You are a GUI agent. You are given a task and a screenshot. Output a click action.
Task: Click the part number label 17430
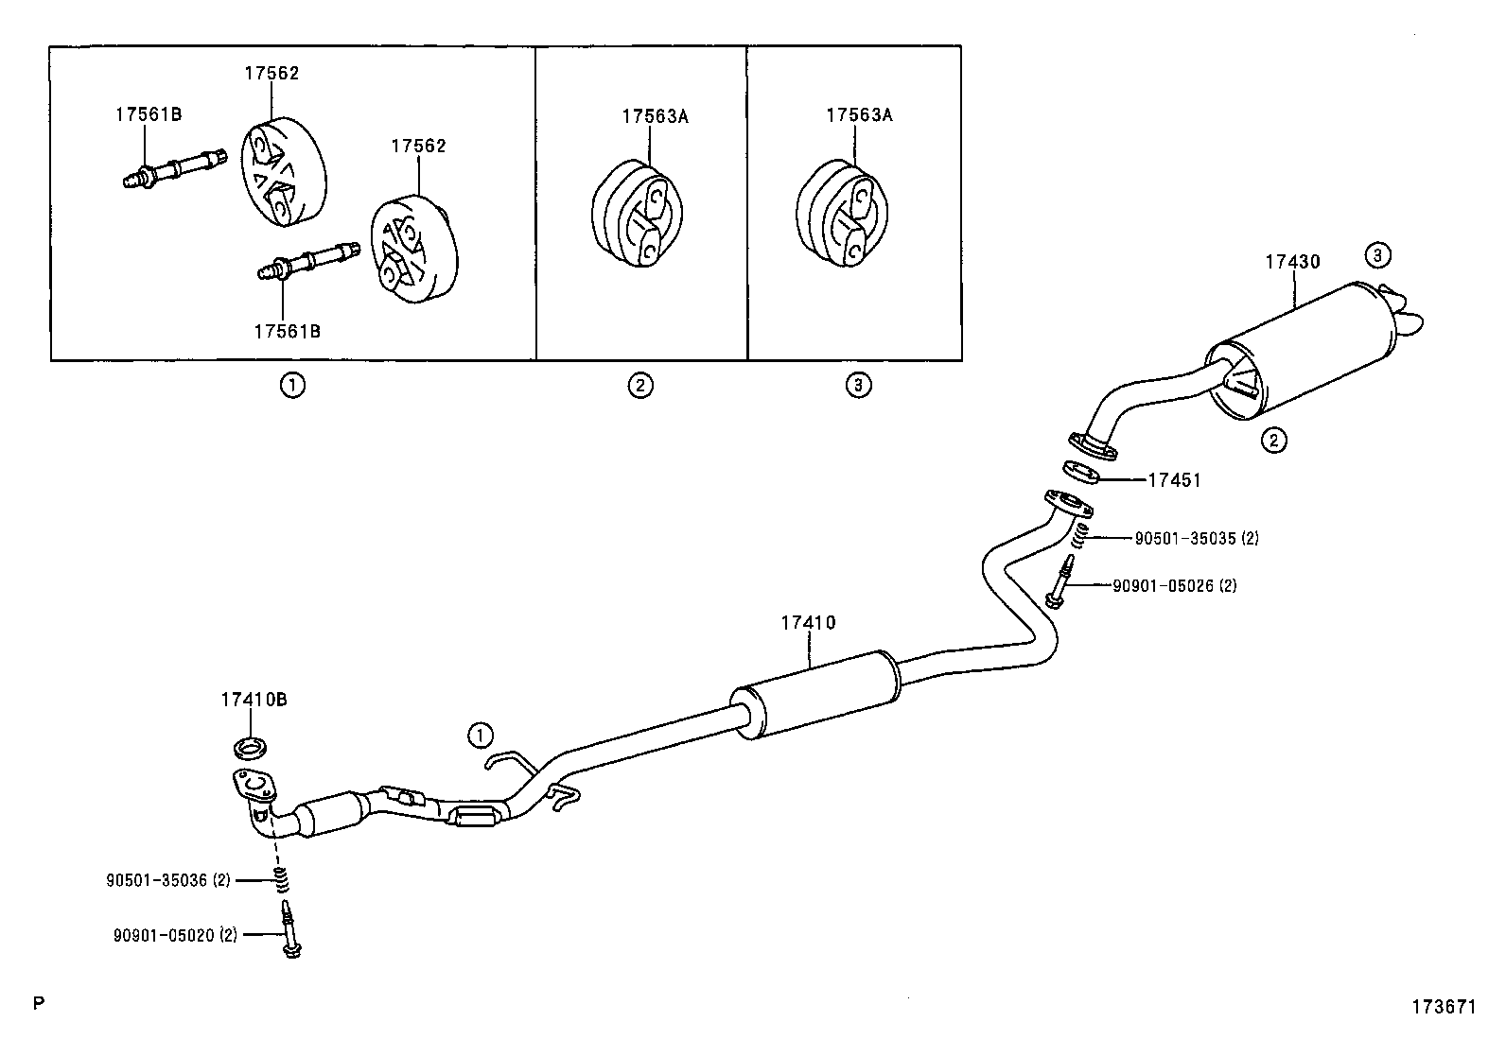tap(1292, 262)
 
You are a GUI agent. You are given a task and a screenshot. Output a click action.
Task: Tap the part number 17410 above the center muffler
tap(808, 623)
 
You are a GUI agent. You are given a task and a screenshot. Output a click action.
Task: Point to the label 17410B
tap(254, 700)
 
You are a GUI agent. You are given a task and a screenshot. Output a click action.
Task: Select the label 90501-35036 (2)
tap(168, 880)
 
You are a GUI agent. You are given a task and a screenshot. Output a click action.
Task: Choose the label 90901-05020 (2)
tap(175, 935)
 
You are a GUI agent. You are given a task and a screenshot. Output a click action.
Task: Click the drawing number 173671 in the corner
tap(1444, 1008)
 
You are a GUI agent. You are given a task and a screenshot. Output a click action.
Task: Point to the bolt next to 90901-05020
tap(289, 931)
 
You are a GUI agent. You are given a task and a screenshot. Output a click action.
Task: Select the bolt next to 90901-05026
tap(1060, 582)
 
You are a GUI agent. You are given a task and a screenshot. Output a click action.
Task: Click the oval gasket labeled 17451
tap(1082, 470)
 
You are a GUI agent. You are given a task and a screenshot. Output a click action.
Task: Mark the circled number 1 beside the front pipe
tap(480, 735)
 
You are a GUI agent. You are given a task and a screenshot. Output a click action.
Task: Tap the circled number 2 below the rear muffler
tap(1273, 440)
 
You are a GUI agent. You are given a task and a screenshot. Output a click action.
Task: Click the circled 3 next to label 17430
tap(1377, 254)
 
